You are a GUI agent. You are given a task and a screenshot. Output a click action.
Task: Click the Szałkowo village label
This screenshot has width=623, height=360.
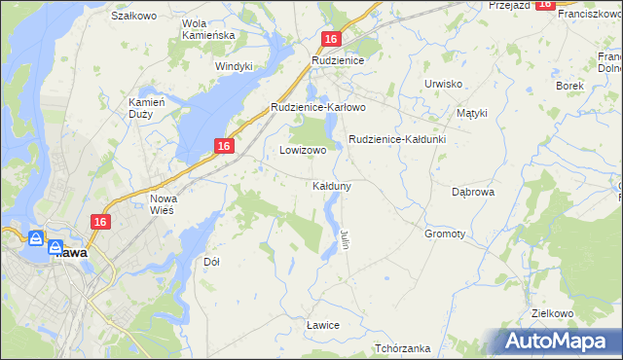[134, 16]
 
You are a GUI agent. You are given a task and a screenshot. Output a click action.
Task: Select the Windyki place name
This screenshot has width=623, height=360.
[234, 66]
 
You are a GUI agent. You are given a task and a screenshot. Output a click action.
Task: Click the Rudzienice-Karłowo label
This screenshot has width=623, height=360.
[317, 107]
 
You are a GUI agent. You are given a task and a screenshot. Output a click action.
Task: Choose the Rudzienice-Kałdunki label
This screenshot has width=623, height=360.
[397, 139]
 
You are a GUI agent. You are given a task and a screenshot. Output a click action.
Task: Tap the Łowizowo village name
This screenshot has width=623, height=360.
[303, 151]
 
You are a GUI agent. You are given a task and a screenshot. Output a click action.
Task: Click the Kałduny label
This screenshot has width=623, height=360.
[332, 185]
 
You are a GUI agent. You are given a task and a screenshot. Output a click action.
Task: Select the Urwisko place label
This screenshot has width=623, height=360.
[443, 84]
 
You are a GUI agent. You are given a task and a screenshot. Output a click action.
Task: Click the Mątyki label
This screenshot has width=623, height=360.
[471, 113]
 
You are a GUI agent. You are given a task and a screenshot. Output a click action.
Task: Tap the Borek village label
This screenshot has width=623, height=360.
[569, 86]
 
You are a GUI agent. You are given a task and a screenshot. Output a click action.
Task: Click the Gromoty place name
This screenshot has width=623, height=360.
[445, 234]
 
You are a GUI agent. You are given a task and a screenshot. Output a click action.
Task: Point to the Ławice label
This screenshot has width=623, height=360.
[322, 324]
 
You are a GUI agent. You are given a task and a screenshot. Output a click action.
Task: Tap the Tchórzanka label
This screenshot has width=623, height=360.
[402, 347]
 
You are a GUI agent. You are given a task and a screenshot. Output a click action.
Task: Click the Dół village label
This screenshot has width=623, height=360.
[211, 262]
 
